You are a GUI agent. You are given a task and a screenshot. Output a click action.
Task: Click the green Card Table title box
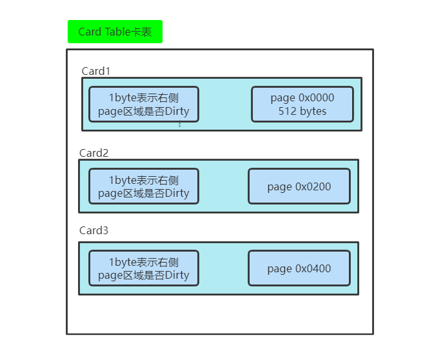115,32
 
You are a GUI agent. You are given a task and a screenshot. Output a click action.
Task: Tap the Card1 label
96,71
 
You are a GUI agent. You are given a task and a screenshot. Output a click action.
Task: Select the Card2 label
94,153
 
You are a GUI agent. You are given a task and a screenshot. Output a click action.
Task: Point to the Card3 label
94,230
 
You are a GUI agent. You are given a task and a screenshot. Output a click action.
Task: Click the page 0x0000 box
302,104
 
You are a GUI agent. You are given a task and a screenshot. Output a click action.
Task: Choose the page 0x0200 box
299,186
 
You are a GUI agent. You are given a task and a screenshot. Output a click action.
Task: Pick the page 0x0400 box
299,268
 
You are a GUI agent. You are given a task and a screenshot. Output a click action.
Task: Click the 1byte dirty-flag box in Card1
144,104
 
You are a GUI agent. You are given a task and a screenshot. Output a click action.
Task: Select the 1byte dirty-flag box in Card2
144,186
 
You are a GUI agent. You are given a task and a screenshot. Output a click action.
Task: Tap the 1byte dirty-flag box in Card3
144,268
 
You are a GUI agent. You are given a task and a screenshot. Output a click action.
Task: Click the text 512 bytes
302,111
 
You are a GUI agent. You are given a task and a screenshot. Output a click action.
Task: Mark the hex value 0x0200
313,186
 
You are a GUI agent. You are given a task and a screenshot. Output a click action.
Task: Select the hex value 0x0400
313,268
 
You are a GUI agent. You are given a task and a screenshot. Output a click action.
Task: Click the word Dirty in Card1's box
177,111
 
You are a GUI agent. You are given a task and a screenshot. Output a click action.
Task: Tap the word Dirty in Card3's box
177,275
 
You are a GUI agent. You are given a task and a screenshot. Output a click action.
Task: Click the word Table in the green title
117,32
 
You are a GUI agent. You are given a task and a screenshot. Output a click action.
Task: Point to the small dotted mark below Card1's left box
180,125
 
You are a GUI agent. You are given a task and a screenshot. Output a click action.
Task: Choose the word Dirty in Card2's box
177,194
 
